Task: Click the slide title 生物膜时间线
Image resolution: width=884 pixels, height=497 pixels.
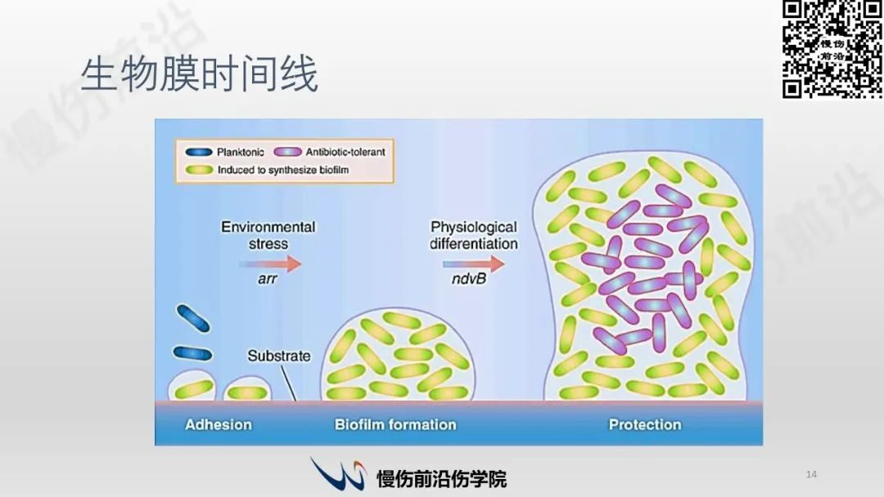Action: [x=200, y=74]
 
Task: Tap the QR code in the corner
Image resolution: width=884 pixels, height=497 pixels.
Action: [x=832, y=50]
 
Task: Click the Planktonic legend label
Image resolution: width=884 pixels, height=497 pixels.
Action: [x=240, y=152]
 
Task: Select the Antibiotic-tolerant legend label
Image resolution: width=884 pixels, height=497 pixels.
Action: [x=345, y=152]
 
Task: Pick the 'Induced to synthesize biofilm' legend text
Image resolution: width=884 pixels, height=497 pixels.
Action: [x=283, y=170]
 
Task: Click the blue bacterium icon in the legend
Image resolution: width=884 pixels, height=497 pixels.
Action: [x=198, y=152]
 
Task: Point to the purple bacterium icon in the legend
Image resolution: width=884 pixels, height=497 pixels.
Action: [x=287, y=152]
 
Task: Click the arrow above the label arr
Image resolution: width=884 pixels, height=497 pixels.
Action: [x=271, y=263]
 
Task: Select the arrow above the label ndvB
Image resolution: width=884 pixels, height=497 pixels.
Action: [x=474, y=263]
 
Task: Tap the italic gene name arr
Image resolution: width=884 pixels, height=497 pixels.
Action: [x=267, y=279]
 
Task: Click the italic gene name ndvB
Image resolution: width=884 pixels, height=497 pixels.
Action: [x=468, y=279]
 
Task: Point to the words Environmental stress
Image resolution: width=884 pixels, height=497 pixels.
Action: [x=268, y=235]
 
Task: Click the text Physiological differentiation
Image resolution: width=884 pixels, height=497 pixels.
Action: [x=474, y=235]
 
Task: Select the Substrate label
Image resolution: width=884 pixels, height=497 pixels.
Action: [x=279, y=356]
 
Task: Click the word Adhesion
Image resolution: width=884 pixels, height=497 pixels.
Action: [x=219, y=424]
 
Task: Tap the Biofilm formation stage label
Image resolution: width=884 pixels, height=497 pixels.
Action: [x=395, y=424]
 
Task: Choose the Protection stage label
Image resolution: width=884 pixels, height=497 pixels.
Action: [x=645, y=424]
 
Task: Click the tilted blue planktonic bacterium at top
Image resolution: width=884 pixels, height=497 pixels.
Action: [x=193, y=318]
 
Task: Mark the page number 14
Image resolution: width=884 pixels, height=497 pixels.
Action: [x=811, y=474]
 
